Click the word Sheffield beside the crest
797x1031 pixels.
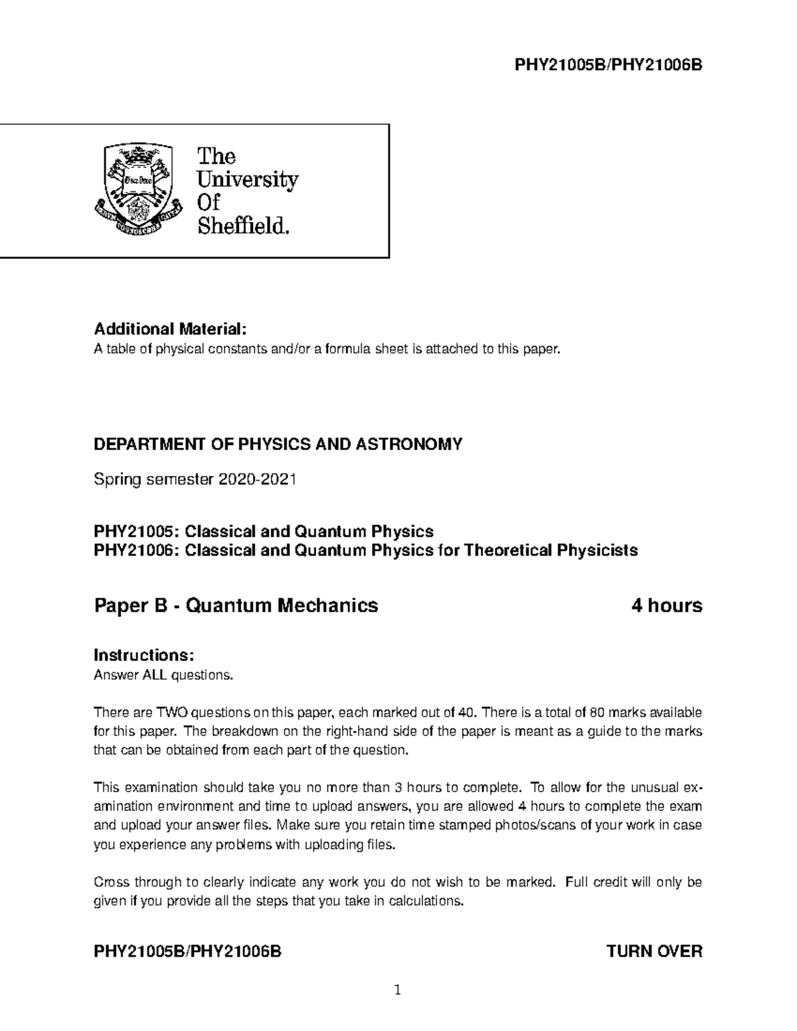pyautogui.click(x=244, y=227)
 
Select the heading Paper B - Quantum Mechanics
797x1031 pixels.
pyautogui.click(x=236, y=605)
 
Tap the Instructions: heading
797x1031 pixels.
pyautogui.click(x=144, y=655)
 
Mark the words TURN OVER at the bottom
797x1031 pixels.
pyautogui.click(x=654, y=951)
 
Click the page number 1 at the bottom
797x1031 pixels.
pyautogui.click(x=398, y=992)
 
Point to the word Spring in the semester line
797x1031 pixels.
pyautogui.click(x=116, y=479)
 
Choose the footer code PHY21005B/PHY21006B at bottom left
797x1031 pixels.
pyautogui.click(x=188, y=951)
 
